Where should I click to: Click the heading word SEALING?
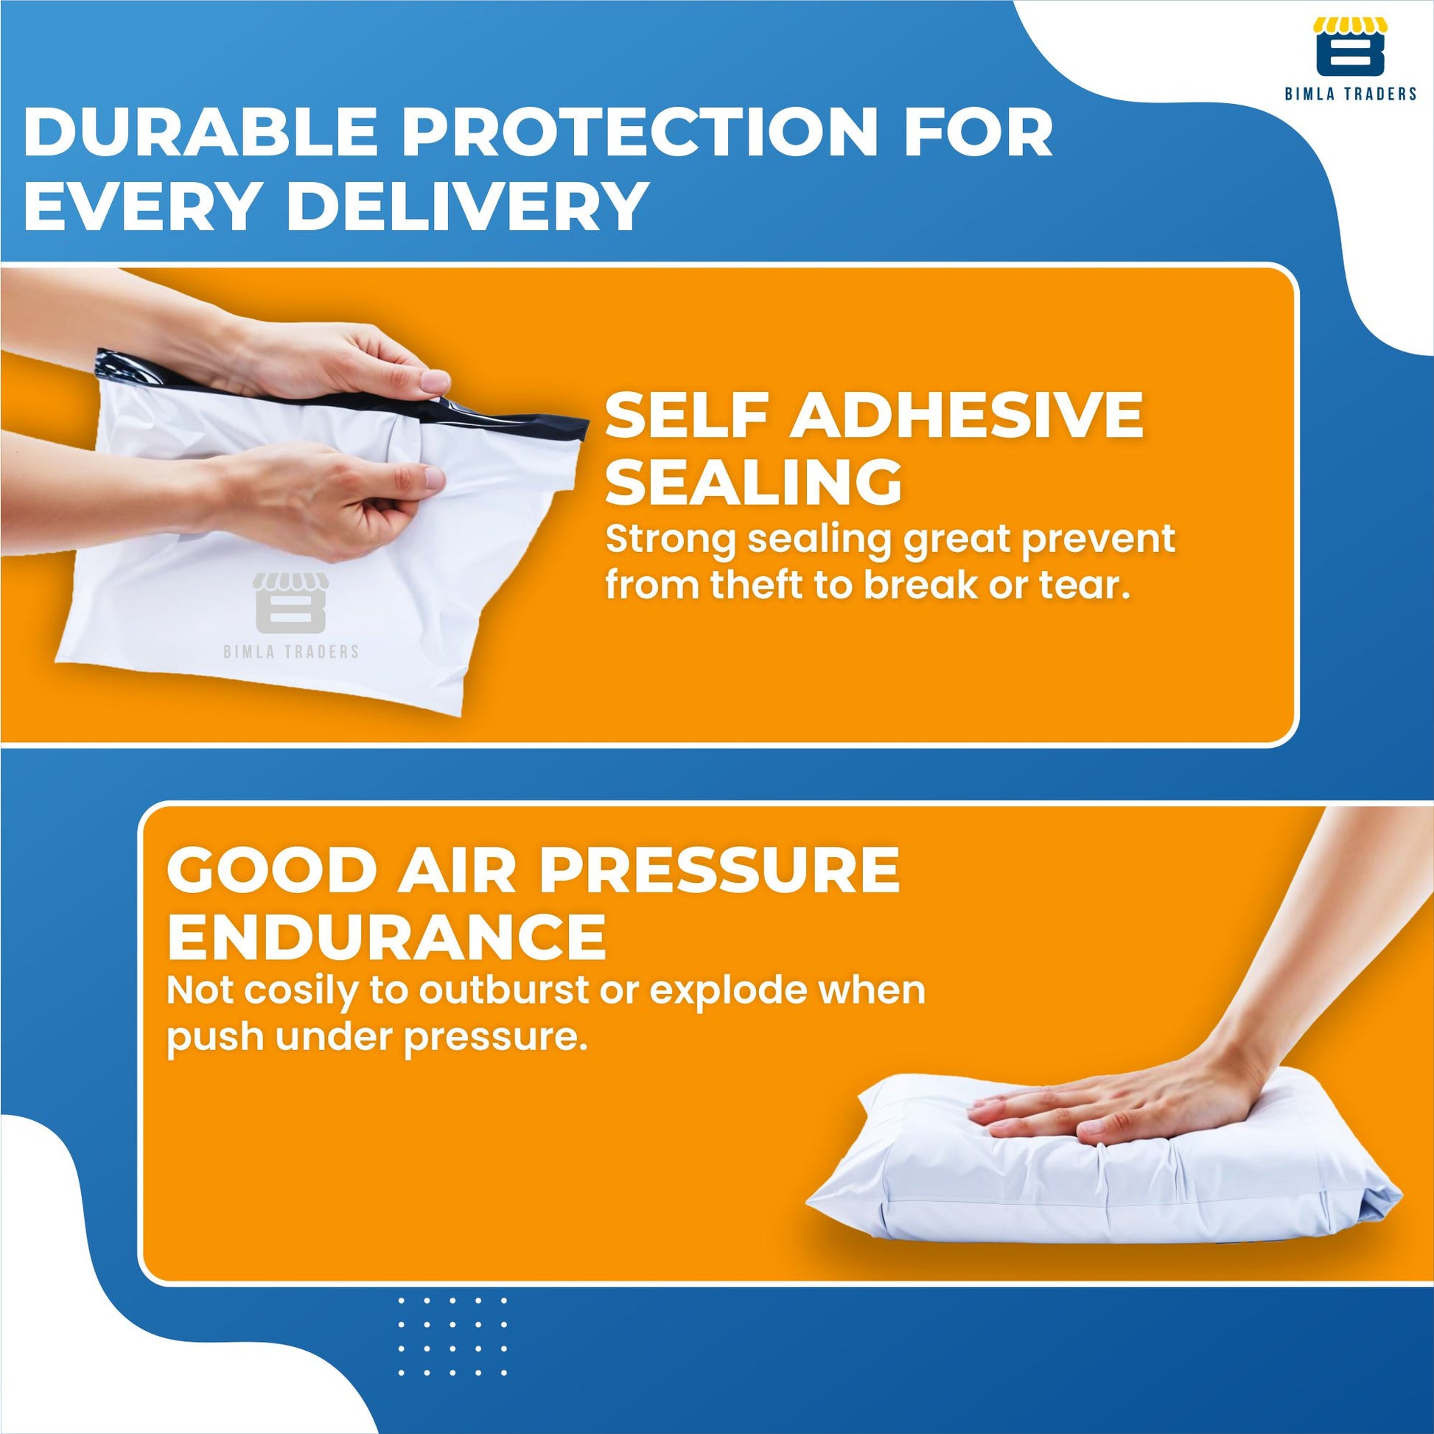pos(754,483)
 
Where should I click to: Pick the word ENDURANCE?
pos(387,937)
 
